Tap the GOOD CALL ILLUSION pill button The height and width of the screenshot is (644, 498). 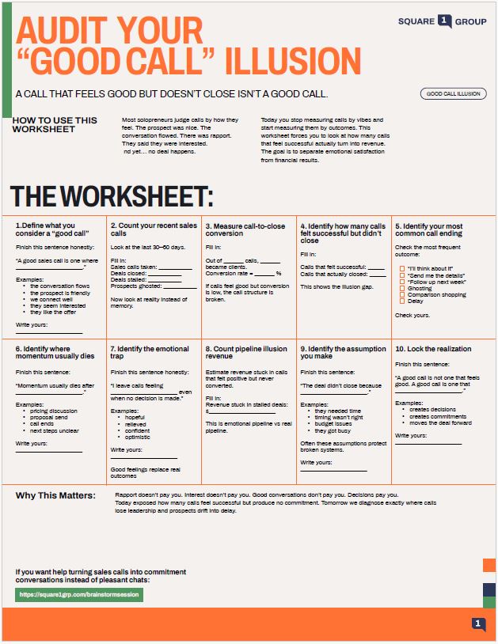[x=453, y=93]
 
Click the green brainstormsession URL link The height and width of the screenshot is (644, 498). [x=79, y=594]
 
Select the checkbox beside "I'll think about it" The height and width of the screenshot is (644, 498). [x=403, y=269]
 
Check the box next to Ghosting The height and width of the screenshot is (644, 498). [x=403, y=288]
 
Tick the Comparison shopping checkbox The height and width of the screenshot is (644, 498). [x=403, y=294]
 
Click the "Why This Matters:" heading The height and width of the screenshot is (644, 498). [x=54, y=496]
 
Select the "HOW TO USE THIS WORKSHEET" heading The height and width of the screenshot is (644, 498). [x=55, y=124]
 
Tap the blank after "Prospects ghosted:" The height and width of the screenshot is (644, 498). [x=179, y=286]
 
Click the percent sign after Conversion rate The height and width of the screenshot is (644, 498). [x=279, y=274]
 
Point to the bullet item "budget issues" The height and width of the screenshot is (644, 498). [x=333, y=424]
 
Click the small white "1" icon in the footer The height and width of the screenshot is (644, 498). [x=478, y=624]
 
